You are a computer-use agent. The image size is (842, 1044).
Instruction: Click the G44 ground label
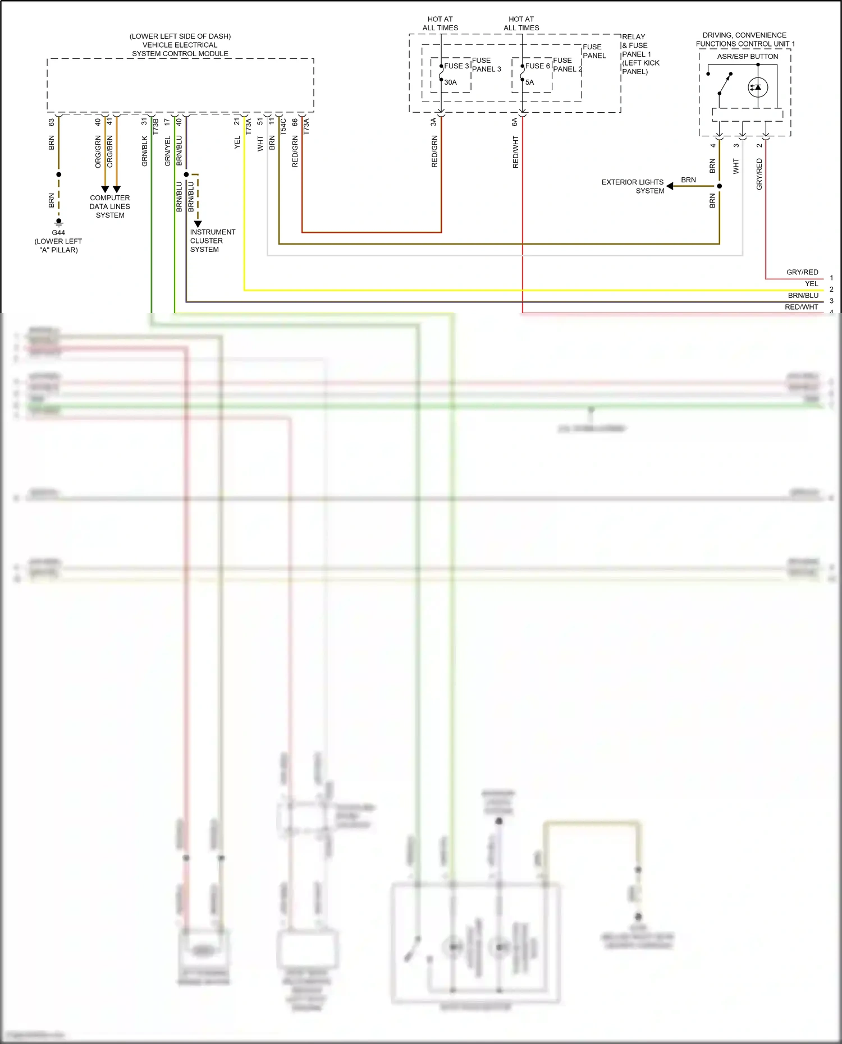(x=58, y=232)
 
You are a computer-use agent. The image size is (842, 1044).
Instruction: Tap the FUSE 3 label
(x=456, y=66)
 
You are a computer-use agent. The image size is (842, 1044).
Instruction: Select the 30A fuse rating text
(x=450, y=82)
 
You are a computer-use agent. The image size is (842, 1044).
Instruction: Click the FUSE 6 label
(x=537, y=66)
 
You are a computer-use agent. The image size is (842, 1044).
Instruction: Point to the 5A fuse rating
(x=529, y=82)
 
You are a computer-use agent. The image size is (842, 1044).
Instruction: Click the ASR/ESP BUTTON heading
(x=747, y=57)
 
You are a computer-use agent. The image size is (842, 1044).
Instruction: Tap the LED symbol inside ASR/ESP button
(x=757, y=87)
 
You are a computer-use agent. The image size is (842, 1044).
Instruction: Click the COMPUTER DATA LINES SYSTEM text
(x=110, y=206)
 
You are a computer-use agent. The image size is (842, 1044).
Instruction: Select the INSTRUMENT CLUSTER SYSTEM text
(x=212, y=241)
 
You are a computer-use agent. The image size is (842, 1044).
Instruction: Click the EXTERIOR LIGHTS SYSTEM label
(x=633, y=186)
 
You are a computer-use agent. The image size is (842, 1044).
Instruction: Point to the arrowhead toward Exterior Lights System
(x=670, y=186)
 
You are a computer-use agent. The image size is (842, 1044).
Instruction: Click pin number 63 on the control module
(x=52, y=122)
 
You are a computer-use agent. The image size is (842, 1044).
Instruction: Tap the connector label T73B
(x=156, y=126)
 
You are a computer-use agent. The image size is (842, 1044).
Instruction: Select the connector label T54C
(x=283, y=126)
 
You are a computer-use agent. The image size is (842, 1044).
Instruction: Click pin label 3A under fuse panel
(x=433, y=122)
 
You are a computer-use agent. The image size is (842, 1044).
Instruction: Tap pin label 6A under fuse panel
(x=515, y=122)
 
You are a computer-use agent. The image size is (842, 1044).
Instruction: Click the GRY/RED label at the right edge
(x=802, y=272)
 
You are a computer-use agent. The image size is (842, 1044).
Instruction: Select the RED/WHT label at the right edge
(x=801, y=307)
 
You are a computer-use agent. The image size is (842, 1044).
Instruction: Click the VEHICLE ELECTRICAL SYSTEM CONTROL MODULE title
(x=180, y=45)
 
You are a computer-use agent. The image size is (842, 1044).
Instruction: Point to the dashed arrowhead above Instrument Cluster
(x=198, y=224)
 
